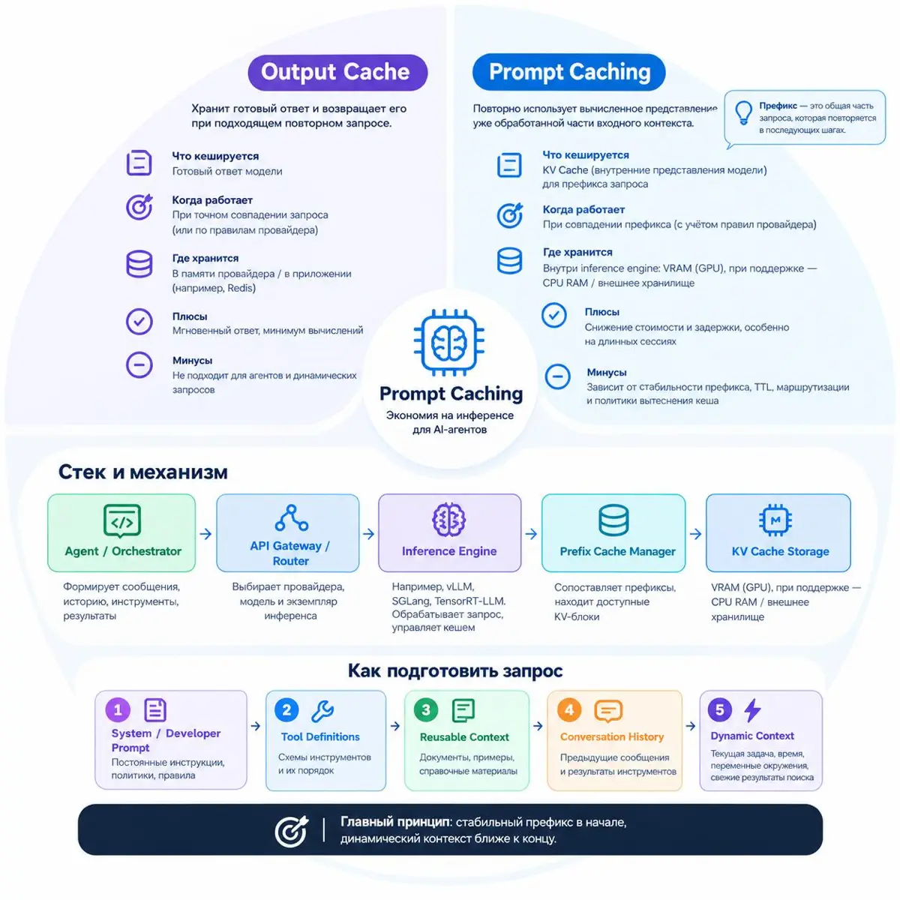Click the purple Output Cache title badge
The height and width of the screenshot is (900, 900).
click(x=337, y=73)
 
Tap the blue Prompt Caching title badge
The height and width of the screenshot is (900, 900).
click(x=568, y=72)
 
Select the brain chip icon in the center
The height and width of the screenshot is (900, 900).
click(x=448, y=342)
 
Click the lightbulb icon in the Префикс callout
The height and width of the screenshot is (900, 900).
click(x=742, y=113)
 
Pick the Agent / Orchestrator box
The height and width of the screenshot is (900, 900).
click(x=121, y=532)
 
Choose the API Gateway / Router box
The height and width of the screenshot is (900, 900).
click(x=288, y=533)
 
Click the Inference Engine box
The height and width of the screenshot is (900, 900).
click(x=449, y=533)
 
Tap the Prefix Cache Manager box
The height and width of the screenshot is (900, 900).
click(x=613, y=533)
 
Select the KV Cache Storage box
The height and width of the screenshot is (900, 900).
click(x=778, y=533)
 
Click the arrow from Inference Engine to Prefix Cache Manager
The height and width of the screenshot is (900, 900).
click(x=531, y=534)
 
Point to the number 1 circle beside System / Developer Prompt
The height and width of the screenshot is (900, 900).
click(x=118, y=710)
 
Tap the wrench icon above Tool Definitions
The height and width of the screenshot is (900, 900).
click(x=322, y=711)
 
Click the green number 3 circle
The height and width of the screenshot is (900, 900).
click(x=425, y=710)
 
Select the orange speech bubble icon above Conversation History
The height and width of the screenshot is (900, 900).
click(x=608, y=711)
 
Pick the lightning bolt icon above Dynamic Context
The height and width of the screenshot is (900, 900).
click(x=752, y=710)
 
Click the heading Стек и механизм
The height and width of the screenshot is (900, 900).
click(x=143, y=472)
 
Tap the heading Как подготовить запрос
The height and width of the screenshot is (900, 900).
click(x=455, y=670)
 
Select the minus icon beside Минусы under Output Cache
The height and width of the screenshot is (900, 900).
click(x=139, y=364)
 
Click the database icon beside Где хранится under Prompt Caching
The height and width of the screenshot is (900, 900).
click(x=509, y=260)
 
